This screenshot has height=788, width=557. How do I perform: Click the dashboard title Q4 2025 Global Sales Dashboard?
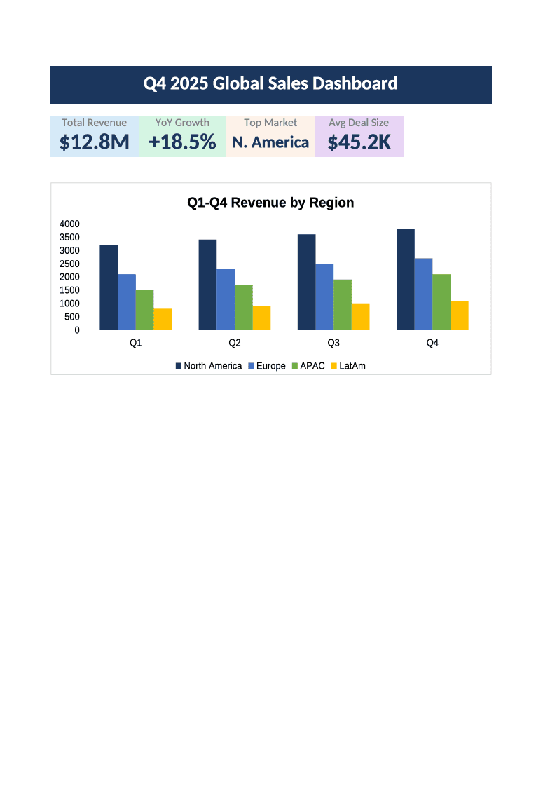[x=270, y=83]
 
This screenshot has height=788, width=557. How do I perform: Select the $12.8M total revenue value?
[x=95, y=142]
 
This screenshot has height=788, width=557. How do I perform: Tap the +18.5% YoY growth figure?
[x=182, y=142]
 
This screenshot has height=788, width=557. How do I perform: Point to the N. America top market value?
[x=270, y=142]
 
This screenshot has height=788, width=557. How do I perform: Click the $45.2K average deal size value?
[x=359, y=142]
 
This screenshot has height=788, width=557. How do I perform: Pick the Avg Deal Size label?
[x=359, y=123]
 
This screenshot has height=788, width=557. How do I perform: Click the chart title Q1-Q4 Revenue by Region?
[x=270, y=203]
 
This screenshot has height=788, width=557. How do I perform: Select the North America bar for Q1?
[x=109, y=287]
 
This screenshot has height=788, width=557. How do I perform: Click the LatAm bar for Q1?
[x=163, y=319]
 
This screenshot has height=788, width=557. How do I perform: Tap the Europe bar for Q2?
[x=226, y=299]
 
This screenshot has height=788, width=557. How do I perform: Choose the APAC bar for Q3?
[x=343, y=304]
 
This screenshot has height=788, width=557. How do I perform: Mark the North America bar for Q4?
[x=406, y=280]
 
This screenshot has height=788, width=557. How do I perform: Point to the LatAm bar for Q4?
[x=460, y=315]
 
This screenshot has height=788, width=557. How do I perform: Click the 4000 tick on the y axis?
[x=69, y=224]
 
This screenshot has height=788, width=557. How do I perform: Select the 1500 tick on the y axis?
[x=69, y=290]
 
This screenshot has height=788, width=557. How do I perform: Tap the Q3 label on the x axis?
[x=333, y=343]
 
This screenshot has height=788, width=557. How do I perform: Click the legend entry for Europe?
[x=267, y=366]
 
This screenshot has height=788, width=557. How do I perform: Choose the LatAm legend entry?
[x=348, y=366]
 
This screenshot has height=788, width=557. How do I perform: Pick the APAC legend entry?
[x=308, y=366]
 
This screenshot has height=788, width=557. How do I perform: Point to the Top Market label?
[x=270, y=123]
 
